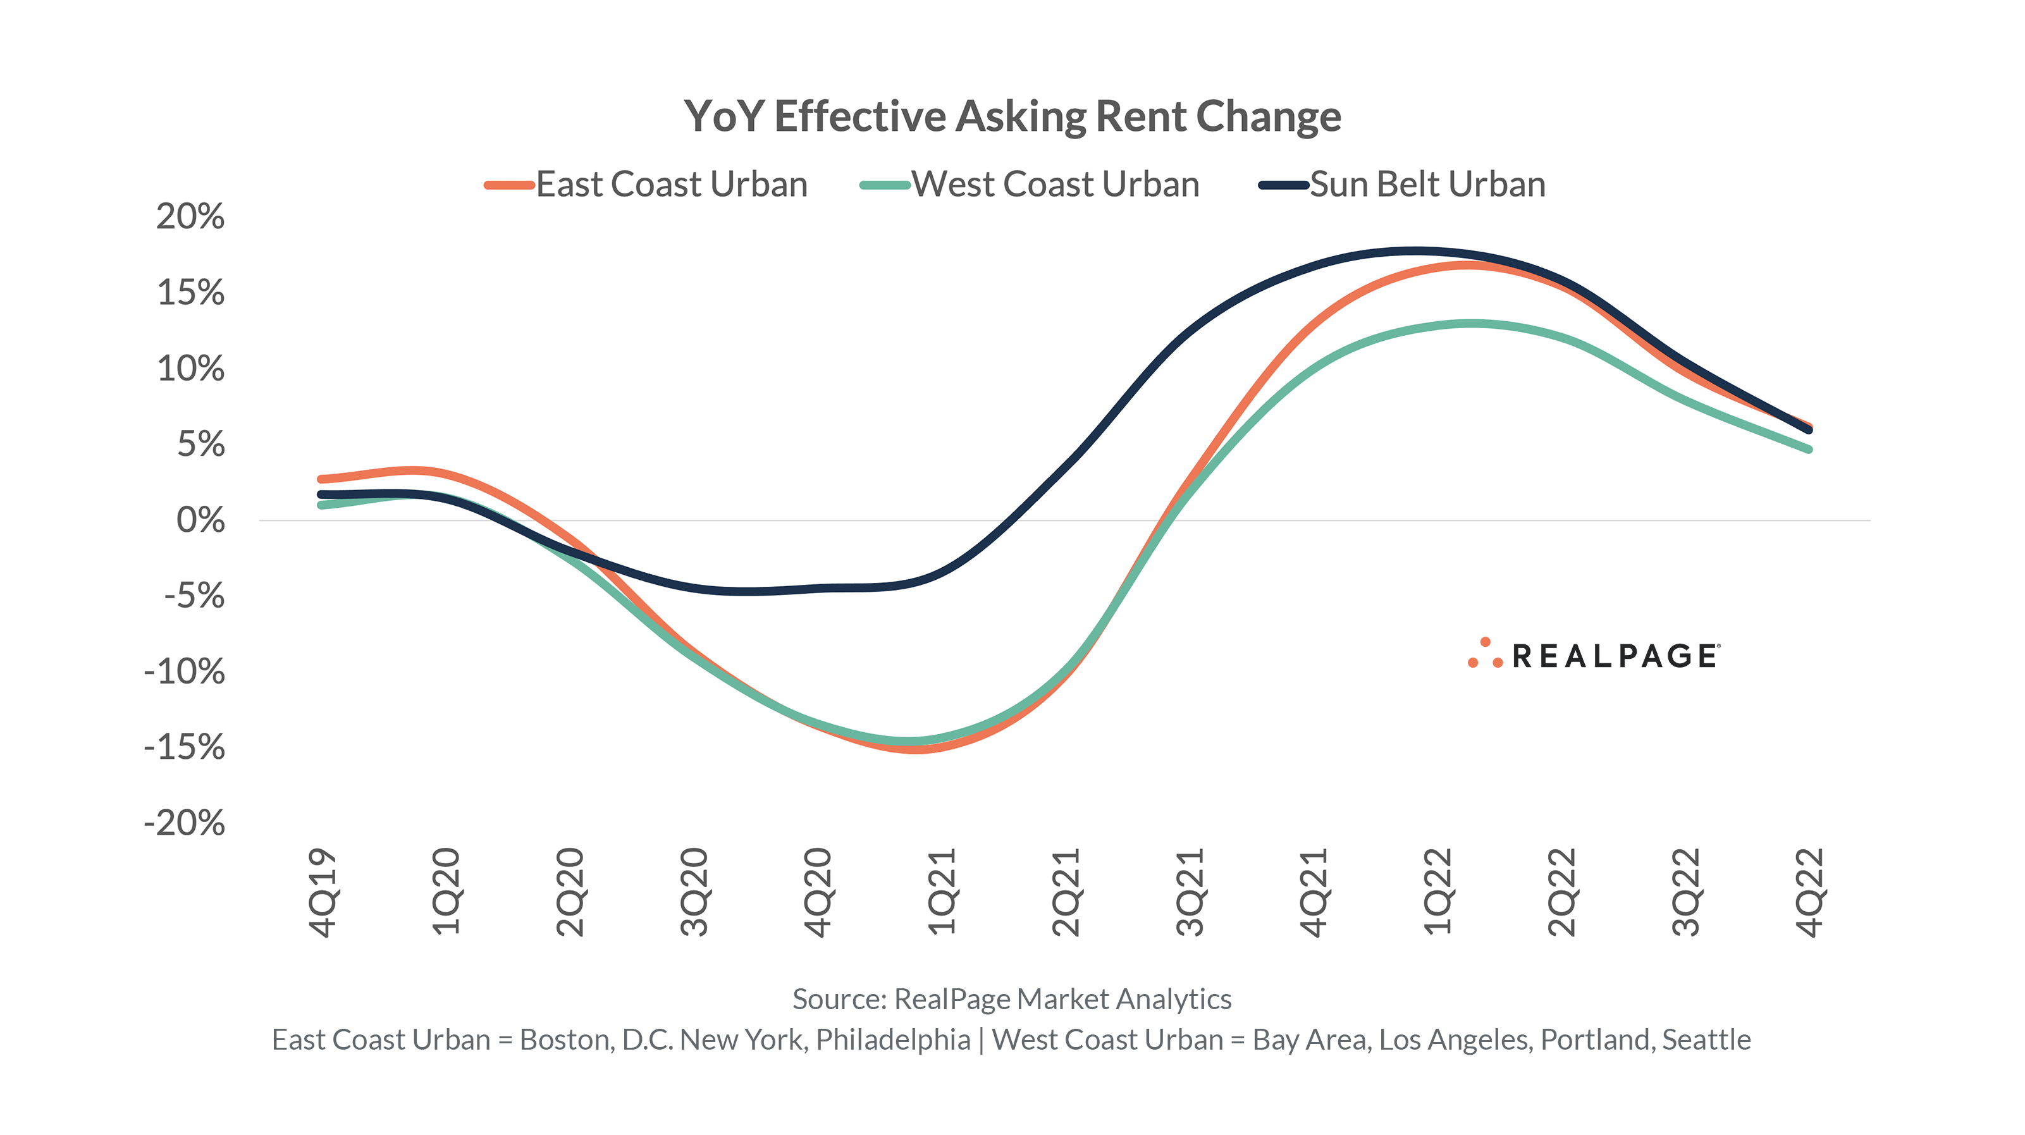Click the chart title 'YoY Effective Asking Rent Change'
tap(1012, 116)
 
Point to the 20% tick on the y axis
tap(190, 216)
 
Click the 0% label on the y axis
tap(200, 520)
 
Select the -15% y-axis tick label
tap(185, 747)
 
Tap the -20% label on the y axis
tap(185, 824)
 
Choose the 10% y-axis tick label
tap(190, 369)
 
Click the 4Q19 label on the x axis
tap(323, 892)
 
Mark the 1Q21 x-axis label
tap(942, 892)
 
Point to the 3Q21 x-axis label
tap(1190, 892)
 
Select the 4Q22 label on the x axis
tap(1809, 892)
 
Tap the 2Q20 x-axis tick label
tap(570, 892)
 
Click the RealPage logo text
tap(1615, 656)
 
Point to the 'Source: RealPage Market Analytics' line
tap(1012, 999)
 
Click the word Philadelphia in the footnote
tap(893, 1040)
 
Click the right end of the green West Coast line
tap(1809, 449)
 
